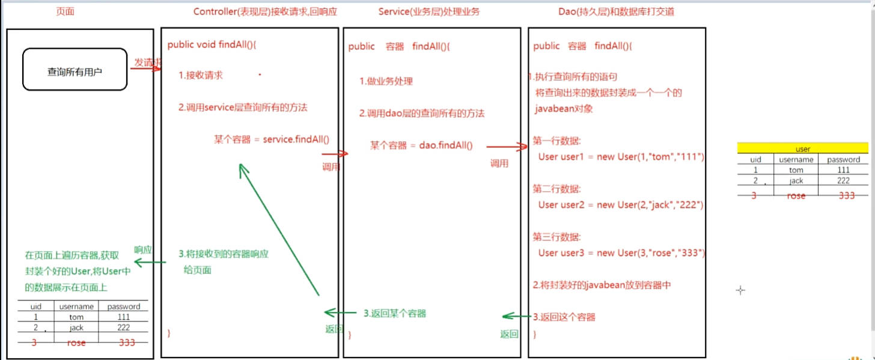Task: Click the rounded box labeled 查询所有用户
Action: point(75,70)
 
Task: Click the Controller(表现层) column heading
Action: point(266,12)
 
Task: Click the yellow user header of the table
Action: point(802,148)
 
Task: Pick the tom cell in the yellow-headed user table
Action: point(796,170)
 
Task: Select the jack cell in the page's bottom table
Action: point(76,328)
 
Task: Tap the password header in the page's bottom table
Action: point(123,307)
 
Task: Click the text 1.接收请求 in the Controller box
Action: point(201,75)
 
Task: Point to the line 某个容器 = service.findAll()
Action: point(271,139)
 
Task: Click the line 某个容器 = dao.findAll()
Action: point(421,145)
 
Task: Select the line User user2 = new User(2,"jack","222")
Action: point(621,205)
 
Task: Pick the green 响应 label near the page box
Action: point(142,249)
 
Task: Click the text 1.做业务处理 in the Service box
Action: point(386,82)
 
